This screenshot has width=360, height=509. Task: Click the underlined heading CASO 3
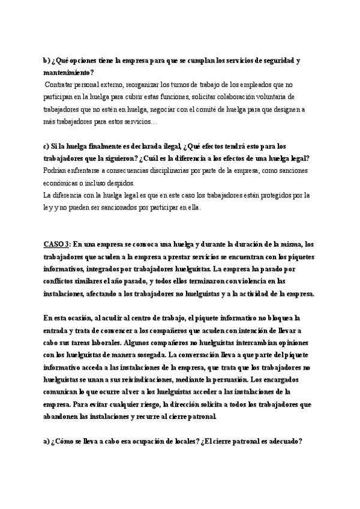point(57,244)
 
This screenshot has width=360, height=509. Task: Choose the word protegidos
point(277,195)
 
